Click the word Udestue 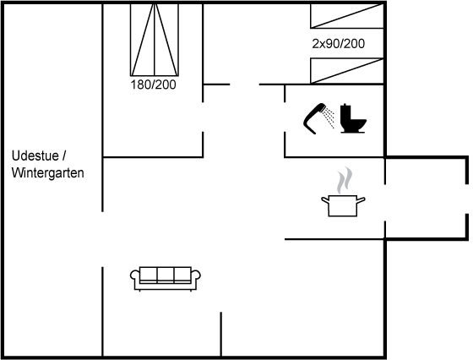coord(35,156)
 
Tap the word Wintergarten coord(47,173)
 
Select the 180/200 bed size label coord(153,85)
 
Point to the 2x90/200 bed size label coord(339,44)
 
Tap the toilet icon coord(353,118)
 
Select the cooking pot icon coord(343,206)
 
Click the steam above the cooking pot coord(345,180)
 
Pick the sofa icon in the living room coord(166,279)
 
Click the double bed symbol coord(155,40)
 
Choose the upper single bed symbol coord(347,16)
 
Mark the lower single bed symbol coord(347,71)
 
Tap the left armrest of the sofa coord(135,275)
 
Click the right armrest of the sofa coord(196,275)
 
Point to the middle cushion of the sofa coord(166,275)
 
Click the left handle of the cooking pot coord(325,200)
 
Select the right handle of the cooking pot coord(362,200)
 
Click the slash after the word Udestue coord(64,156)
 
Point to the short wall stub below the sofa coord(220,334)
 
